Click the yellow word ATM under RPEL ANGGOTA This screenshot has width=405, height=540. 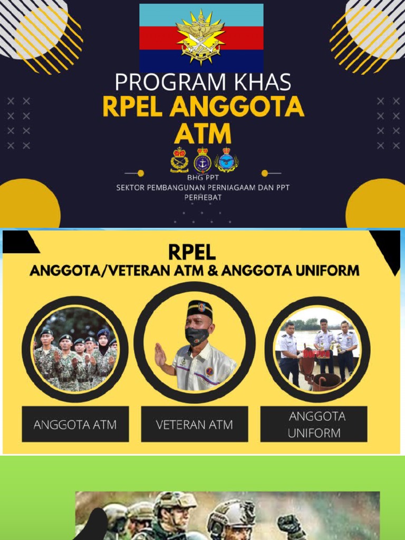203,133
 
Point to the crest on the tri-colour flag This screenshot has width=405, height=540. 200,36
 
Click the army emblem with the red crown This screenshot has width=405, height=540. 179,160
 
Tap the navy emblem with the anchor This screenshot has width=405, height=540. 202,160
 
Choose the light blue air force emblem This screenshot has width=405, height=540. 227,160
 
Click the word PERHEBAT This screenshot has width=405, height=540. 202,197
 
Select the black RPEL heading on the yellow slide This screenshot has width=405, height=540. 192,252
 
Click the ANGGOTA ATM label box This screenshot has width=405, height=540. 75,424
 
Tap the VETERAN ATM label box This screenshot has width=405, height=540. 194,424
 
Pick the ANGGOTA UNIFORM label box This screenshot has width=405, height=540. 314,424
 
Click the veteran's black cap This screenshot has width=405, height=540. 199,310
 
